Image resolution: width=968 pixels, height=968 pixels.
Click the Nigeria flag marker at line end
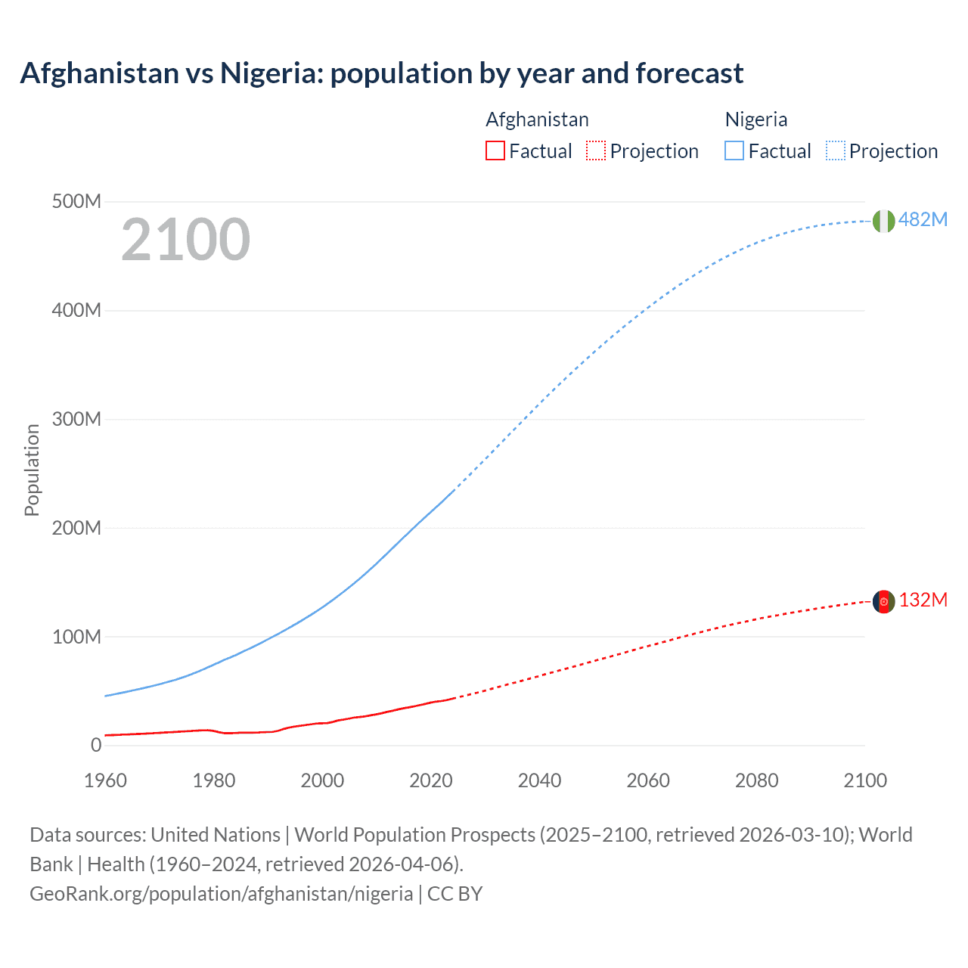click(883, 221)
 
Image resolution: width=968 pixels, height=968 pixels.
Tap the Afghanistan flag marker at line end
click(883, 601)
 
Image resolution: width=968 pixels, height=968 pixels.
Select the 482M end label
click(923, 219)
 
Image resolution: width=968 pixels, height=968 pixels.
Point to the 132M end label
click(923, 600)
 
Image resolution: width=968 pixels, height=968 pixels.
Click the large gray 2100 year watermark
click(185, 240)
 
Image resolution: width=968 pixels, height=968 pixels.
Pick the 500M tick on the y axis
click(76, 201)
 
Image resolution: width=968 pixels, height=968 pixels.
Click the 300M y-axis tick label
click(76, 419)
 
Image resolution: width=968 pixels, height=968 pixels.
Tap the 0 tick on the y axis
click(95, 745)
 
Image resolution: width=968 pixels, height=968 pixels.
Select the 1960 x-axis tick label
click(105, 780)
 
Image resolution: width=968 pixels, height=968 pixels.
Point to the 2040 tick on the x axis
click(539, 780)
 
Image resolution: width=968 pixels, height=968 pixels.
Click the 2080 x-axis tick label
click(756, 780)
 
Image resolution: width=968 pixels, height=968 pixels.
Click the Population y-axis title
click(32, 470)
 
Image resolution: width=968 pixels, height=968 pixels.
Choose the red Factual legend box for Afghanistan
click(495, 150)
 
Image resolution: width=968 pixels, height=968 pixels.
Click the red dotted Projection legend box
click(596, 150)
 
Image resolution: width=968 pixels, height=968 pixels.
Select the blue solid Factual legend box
click(734, 150)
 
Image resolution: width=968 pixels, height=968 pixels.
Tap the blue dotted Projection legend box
click(836, 150)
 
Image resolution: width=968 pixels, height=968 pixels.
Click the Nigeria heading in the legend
click(755, 119)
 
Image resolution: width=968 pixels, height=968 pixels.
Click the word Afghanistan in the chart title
click(98, 73)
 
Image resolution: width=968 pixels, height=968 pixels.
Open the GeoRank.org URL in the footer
click(221, 893)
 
